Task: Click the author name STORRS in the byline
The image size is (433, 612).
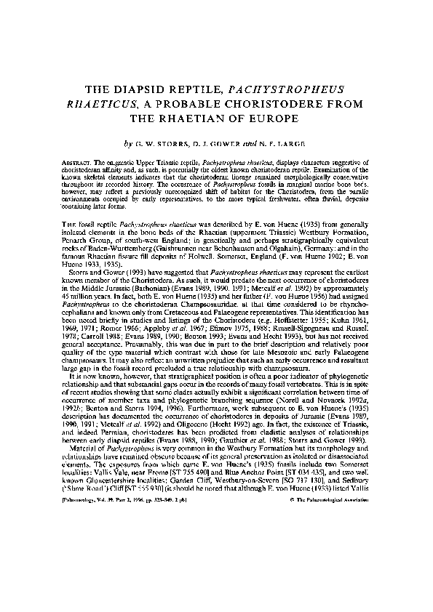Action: click(174, 144)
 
